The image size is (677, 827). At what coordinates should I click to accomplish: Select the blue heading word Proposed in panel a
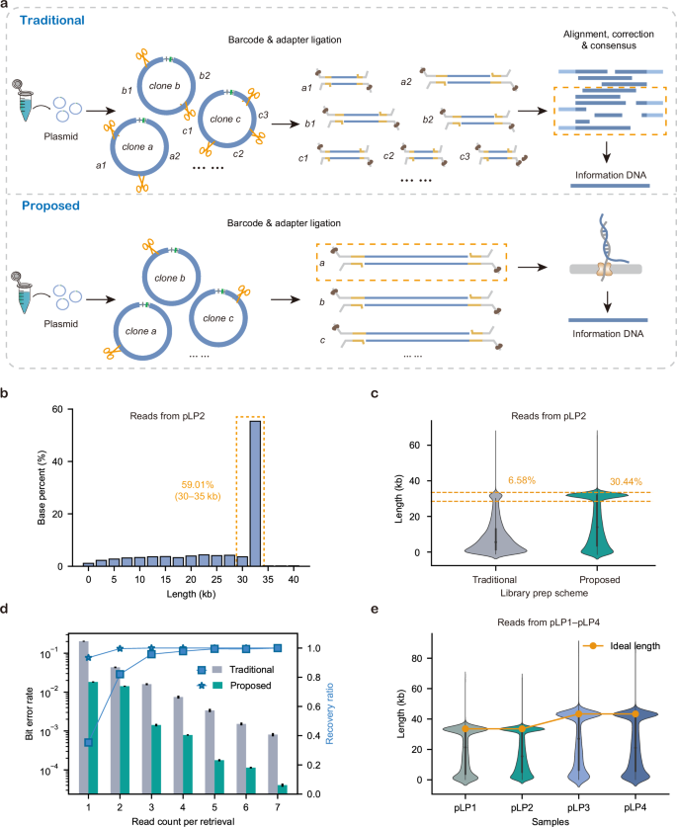45,207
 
